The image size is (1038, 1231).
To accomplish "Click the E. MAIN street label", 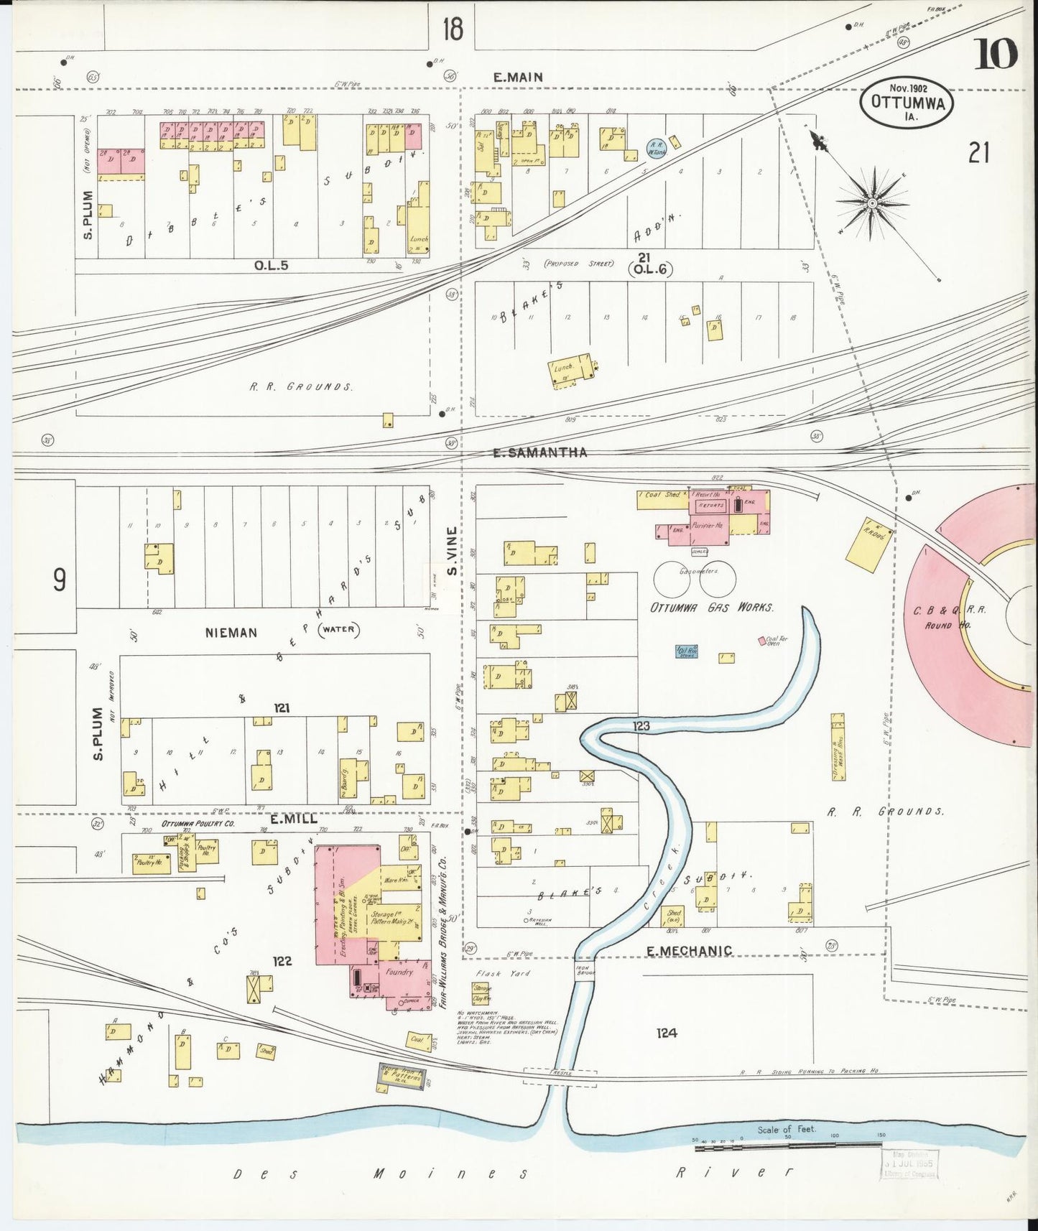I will pyautogui.click(x=517, y=77).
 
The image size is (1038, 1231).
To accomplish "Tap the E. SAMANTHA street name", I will pyautogui.click(x=540, y=452).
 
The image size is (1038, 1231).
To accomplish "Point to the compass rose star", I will pyautogui.click(x=871, y=204).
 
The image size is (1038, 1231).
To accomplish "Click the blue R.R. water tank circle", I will pyautogui.click(x=657, y=148).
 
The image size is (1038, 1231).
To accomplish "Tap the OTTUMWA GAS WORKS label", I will pyautogui.click(x=711, y=608).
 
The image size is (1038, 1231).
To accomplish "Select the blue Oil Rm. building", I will pyautogui.click(x=687, y=652).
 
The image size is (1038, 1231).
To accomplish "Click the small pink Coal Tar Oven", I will pyautogui.click(x=762, y=640).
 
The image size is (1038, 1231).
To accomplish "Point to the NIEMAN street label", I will pyautogui.click(x=231, y=633).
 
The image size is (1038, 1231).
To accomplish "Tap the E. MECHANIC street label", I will pyautogui.click(x=689, y=951).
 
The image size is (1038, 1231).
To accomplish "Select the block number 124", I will pyautogui.click(x=667, y=1033).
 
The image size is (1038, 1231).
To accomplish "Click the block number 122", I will pyautogui.click(x=282, y=961).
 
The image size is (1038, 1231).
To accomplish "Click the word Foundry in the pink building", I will pyautogui.click(x=399, y=972).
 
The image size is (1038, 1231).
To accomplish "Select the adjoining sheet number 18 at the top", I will pyautogui.click(x=453, y=29).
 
